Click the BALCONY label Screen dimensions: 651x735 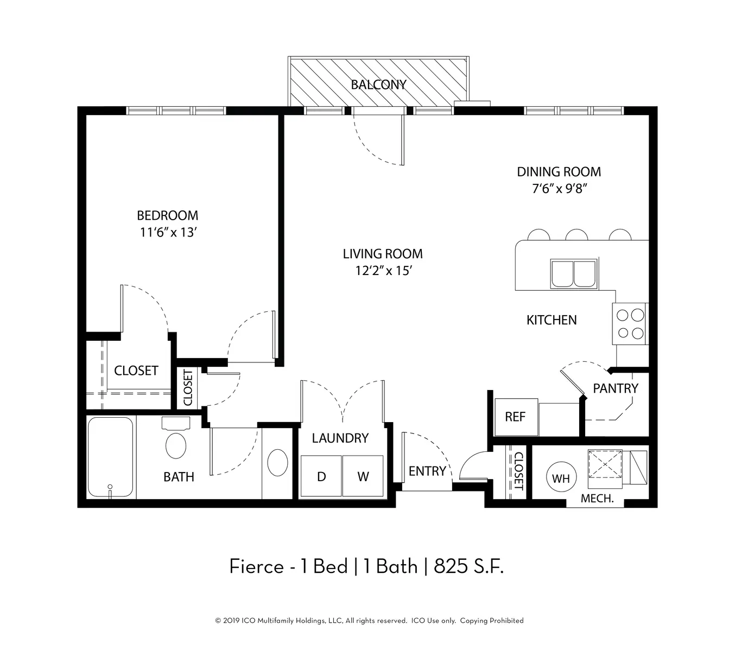click(x=378, y=85)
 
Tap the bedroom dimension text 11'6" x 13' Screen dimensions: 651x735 click(x=168, y=233)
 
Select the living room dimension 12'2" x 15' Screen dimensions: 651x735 click(x=383, y=271)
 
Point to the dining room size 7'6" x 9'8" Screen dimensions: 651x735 click(x=559, y=189)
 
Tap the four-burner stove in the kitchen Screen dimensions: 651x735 click(x=630, y=324)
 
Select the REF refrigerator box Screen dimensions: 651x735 click(x=516, y=417)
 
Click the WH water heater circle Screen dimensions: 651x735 click(x=561, y=478)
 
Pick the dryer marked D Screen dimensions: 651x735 click(x=321, y=477)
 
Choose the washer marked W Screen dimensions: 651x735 click(x=363, y=477)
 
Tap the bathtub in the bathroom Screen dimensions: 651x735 click(x=111, y=457)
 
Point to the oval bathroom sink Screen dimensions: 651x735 click(x=277, y=462)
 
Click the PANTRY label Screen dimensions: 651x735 click(x=615, y=388)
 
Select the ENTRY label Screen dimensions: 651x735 click(x=427, y=471)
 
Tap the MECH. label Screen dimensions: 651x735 click(x=597, y=499)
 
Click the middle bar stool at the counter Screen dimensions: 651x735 click(x=576, y=234)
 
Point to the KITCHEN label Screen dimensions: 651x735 click(x=552, y=320)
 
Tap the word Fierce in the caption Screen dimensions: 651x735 click(x=256, y=567)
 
